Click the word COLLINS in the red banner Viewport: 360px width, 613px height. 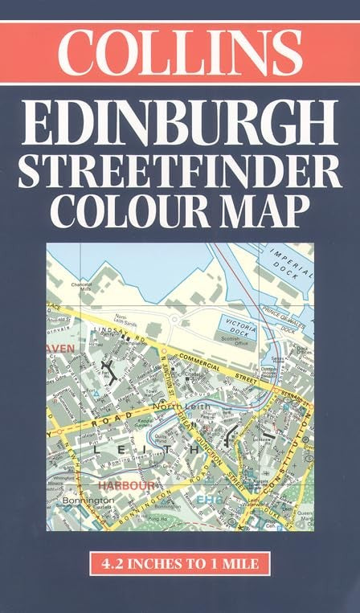click(x=179, y=51)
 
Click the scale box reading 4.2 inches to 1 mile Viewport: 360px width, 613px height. click(x=179, y=564)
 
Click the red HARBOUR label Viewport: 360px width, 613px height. click(x=126, y=485)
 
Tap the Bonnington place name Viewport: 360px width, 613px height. click(x=84, y=500)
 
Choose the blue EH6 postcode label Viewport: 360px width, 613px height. click(x=207, y=500)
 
